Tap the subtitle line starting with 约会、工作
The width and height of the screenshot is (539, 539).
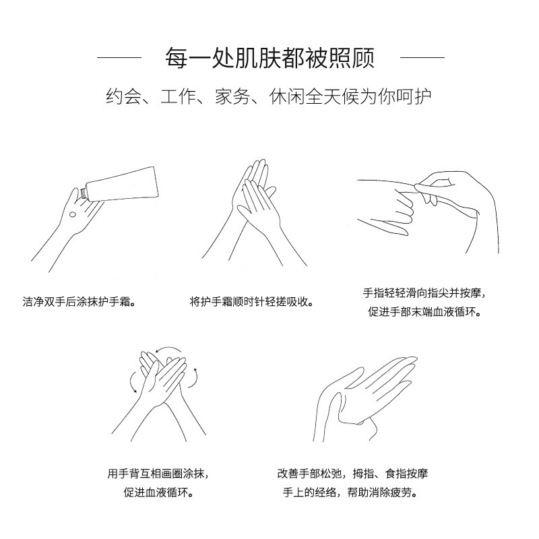(269, 96)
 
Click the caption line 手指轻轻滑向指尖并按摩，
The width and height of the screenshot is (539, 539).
(423, 293)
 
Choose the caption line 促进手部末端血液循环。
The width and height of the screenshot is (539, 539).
(423, 313)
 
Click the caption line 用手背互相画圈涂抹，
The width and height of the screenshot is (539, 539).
(156, 474)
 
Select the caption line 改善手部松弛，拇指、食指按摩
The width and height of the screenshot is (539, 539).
(352, 474)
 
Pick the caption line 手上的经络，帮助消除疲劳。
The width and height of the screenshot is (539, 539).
(352, 493)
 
